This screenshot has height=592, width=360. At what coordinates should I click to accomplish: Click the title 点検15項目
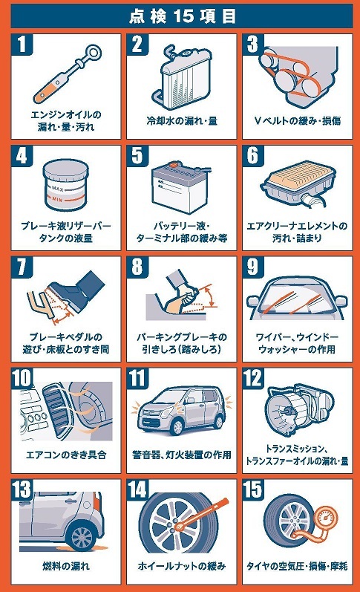(183, 16)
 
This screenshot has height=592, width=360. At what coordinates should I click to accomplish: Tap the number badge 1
(22, 44)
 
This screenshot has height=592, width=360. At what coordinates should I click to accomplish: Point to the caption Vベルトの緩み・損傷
(298, 121)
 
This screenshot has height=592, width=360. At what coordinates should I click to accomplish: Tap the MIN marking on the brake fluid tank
(57, 199)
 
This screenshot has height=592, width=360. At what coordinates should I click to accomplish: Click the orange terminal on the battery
(174, 165)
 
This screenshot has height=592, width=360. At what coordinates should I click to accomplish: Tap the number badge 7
(22, 267)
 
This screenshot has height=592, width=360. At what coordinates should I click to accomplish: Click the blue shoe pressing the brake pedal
(77, 290)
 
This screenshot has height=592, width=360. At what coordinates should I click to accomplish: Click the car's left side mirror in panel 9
(252, 301)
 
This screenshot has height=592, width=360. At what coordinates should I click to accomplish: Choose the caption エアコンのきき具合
(66, 455)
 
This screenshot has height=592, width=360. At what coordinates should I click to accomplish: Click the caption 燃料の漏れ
(66, 566)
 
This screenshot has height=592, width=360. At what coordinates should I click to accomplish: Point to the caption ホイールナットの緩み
(182, 566)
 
